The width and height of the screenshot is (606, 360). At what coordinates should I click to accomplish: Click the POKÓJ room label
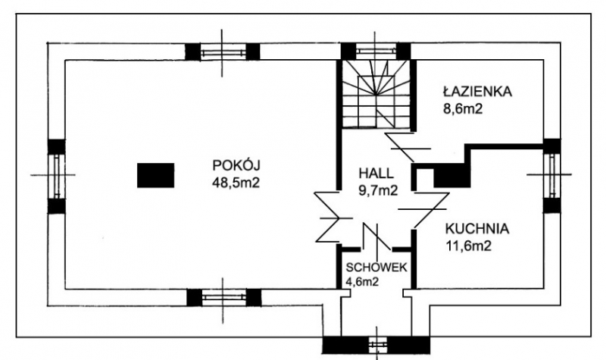coord(236,165)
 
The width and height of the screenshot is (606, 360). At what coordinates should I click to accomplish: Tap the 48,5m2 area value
coord(236,183)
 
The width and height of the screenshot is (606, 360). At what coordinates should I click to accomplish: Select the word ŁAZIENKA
coord(477,91)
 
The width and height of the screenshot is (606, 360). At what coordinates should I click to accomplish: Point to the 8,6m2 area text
coord(463,108)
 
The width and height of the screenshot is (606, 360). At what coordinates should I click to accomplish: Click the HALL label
coord(376,174)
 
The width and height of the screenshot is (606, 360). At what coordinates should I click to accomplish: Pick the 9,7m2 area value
coord(378,190)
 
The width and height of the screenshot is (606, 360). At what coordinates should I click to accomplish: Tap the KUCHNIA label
coord(477,229)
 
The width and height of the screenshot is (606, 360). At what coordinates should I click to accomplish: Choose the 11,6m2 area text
coord(469,246)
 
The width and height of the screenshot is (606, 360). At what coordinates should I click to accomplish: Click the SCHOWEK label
coord(376,268)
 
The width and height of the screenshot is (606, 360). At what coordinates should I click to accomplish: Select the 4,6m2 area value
coord(362,282)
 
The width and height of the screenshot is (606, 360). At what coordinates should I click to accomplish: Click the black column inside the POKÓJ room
coord(156,175)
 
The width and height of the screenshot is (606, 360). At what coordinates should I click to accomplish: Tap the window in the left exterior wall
coord(56,176)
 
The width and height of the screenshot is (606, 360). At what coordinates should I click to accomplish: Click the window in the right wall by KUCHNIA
coord(552,176)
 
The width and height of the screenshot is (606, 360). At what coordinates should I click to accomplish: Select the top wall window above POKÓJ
coord(222,52)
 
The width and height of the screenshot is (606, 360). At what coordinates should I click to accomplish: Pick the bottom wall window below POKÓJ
coord(223,297)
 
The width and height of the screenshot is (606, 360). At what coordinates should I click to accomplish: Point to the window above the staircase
coord(376,51)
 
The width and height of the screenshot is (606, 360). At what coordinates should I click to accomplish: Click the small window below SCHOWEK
coord(376,345)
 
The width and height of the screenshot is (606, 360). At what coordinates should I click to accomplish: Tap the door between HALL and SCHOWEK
coord(376,236)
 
